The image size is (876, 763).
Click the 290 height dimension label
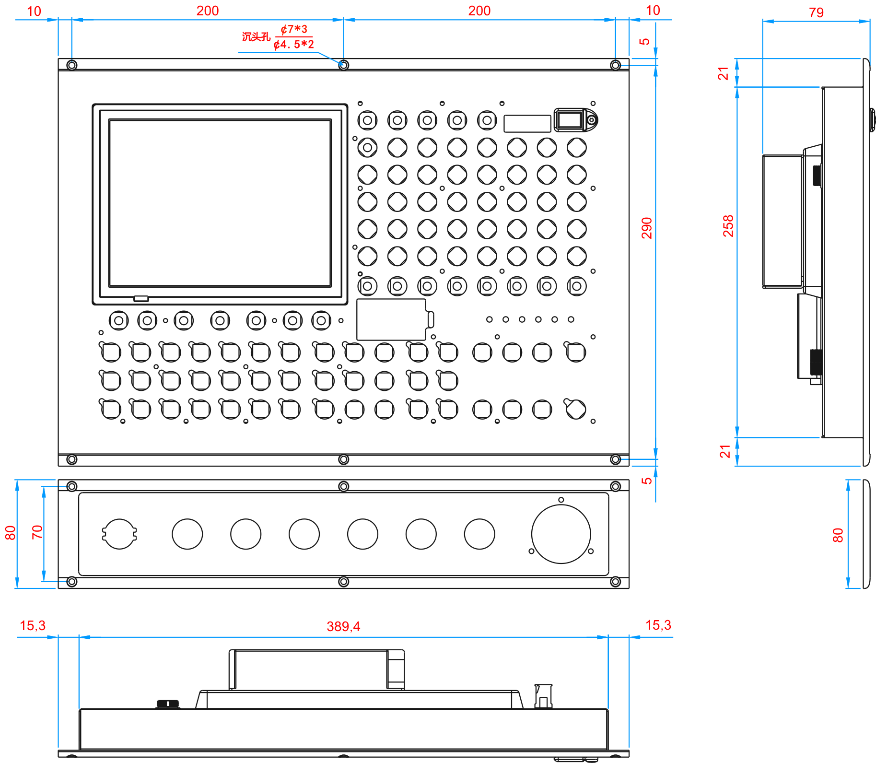point(647,228)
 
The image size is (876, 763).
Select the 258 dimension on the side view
point(728,225)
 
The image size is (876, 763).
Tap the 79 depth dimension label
point(816,12)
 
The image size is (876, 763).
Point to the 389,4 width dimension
point(343,626)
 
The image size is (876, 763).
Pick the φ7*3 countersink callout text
point(294,29)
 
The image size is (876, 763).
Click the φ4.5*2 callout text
point(294,45)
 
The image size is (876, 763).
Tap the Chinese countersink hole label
point(256,37)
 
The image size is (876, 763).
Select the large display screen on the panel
point(220,203)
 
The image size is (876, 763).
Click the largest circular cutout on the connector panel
point(561,534)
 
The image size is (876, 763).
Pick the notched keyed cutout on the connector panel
point(119,534)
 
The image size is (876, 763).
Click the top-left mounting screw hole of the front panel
point(71,64)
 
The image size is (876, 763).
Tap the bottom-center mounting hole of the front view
point(343,460)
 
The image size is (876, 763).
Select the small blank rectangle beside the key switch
point(527,123)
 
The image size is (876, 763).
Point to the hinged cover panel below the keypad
point(392,319)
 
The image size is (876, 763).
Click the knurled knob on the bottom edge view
point(168,704)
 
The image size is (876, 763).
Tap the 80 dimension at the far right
point(838,535)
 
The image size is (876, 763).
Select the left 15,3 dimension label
point(33,625)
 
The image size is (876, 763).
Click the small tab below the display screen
point(141,298)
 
